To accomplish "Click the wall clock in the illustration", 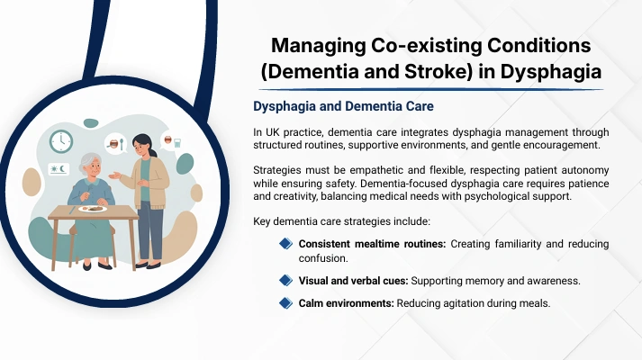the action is [x=61, y=141].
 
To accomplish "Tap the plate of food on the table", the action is [x=93, y=209].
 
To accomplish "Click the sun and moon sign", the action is [x=59, y=169].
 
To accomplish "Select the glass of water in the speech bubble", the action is [x=177, y=143].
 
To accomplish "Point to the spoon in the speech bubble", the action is [x=122, y=144].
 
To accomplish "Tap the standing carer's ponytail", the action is [x=153, y=153].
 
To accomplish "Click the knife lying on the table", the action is [x=72, y=210].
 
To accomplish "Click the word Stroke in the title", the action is [x=436, y=71].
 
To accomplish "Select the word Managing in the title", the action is [x=319, y=46].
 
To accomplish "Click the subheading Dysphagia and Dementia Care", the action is [x=343, y=106].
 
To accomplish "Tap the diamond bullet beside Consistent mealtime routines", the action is [x=285, y=244].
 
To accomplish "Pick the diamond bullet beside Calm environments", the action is [x=285, y=303].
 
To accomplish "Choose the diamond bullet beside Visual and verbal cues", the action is [x=285, y=280].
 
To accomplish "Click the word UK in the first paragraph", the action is [x=272, y=132].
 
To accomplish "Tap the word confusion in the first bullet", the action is [x=323, y=258].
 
